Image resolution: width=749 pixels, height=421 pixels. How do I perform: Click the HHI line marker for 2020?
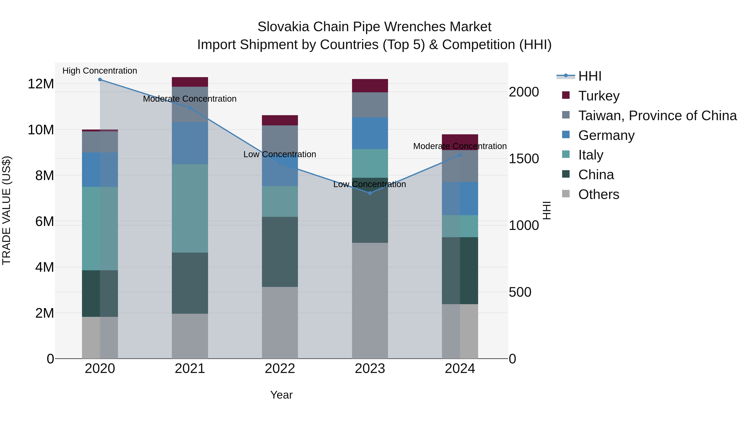point(100,80)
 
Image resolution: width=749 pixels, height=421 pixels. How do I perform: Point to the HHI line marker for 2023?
point(370,193)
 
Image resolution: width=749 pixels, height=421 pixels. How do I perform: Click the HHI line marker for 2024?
point(460,155)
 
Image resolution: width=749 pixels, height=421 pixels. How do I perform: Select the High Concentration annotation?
point(100,71)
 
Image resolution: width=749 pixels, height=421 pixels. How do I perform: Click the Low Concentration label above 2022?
point(280,154)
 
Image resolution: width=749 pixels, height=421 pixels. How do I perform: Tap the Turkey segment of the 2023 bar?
point(370,86)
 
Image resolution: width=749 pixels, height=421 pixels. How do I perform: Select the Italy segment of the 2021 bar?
point(190,208)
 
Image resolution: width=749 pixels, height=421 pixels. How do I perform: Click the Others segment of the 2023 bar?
point(370,301)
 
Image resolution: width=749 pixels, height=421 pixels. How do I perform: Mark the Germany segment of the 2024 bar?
point(460,199)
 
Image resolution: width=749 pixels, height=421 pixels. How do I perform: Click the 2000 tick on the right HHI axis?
point(524,92)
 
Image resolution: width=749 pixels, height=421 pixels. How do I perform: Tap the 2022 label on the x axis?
point(280,369)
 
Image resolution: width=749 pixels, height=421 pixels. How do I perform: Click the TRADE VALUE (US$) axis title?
point(6,210)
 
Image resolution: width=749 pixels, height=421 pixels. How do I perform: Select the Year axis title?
point(281,395)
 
